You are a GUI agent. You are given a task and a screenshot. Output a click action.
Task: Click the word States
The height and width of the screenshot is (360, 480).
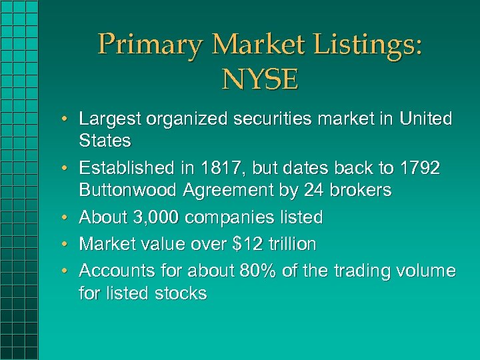point(105,141)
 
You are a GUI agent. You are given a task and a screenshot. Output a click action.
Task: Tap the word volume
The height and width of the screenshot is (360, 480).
point(423,271)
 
